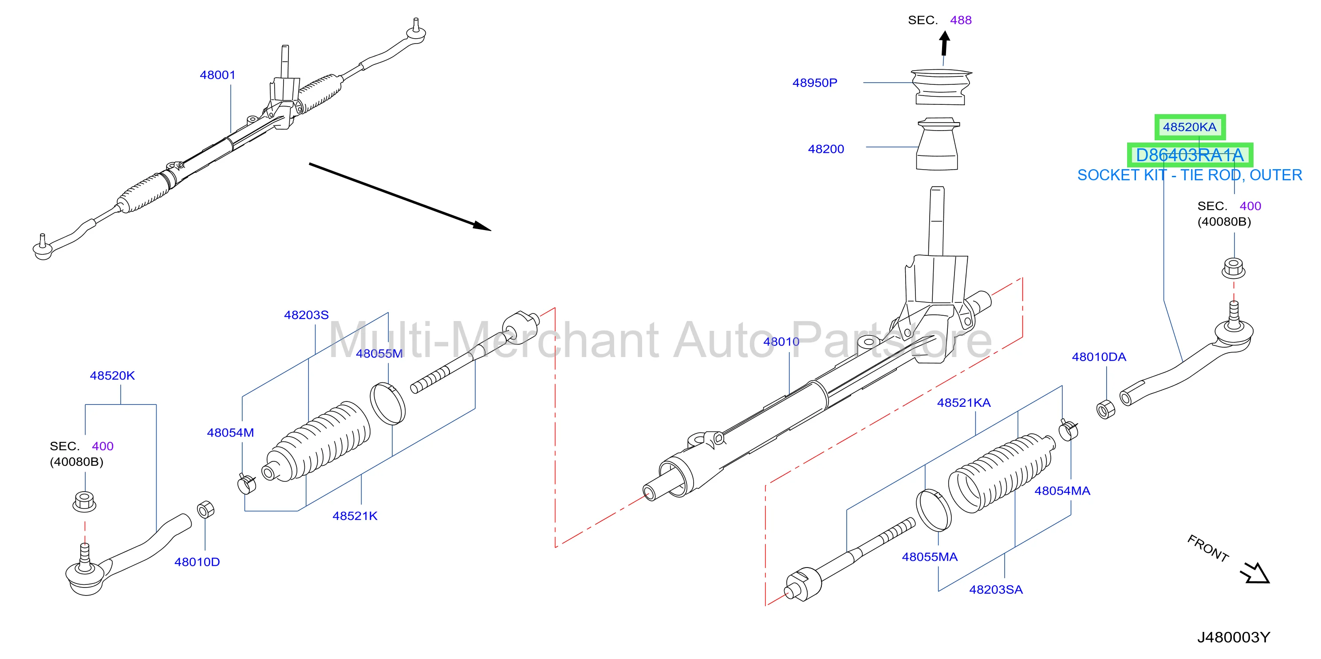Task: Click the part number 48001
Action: [217, 75]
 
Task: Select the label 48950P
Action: [815, 83]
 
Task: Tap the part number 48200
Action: [826, 149]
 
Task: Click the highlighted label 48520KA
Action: [1190, 127]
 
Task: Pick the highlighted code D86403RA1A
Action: [1190, 155]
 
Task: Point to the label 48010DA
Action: [1099, 357]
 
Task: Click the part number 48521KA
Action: [964, 402]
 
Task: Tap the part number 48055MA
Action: [930, 557]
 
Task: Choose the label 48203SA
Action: [996, 589]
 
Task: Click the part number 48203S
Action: [306, 314]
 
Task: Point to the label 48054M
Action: [230, 433]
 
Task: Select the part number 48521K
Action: [355, 516]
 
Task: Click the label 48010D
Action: [197, 562]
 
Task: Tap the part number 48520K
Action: [112, 375]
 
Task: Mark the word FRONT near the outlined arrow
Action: [1208, 548]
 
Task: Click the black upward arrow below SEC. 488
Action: [945, 43]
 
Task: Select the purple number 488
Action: [961, 20]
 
